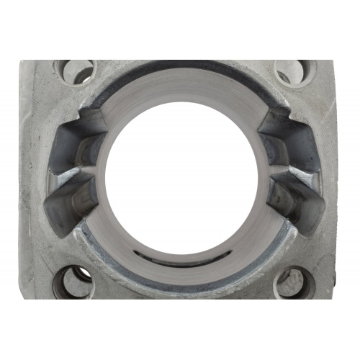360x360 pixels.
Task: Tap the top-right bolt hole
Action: coord(294,72)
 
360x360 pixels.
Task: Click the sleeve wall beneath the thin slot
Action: coord(180,272)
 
